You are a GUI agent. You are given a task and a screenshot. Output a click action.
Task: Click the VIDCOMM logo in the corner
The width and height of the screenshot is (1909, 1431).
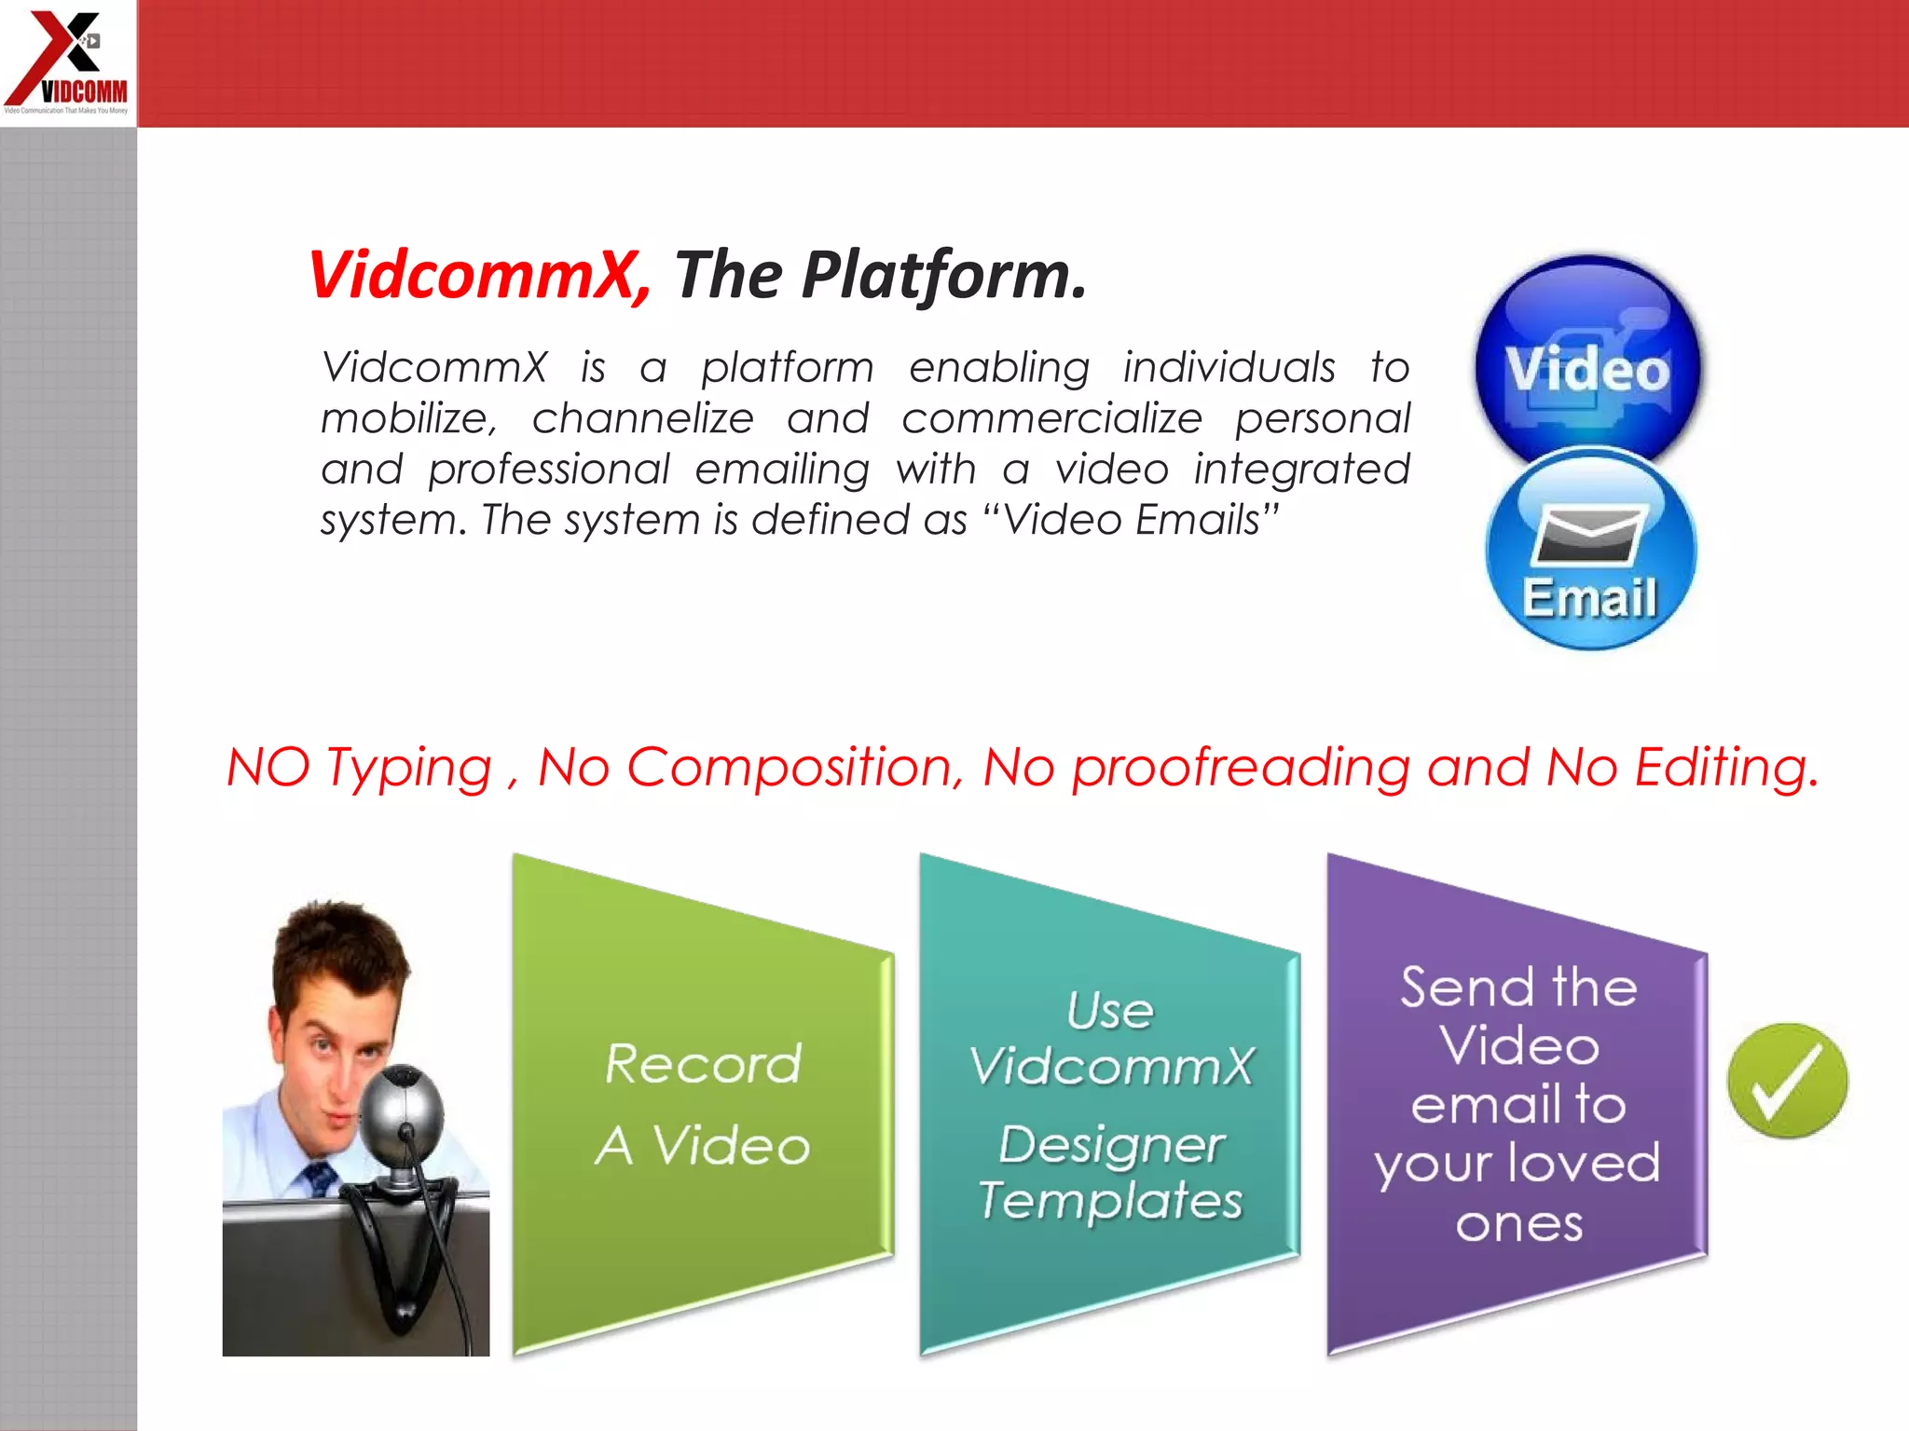point(67,61)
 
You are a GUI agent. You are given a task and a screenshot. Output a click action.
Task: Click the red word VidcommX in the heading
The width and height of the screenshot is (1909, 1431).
point(475,276)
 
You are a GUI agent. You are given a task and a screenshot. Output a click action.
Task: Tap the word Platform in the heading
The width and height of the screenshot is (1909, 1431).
point(941,276)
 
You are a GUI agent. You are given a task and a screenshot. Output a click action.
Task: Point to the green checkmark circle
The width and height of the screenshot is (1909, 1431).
point(1787,1081)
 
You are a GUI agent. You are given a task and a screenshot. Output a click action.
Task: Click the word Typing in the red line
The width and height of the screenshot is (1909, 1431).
point(408,769)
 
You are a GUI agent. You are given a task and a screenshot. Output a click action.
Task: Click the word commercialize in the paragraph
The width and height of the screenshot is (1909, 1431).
point(1051,418)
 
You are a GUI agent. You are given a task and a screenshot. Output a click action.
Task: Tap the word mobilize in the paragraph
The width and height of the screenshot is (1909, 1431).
point(407,418)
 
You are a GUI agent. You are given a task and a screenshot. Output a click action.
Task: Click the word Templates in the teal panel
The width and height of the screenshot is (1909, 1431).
point(1110,1200)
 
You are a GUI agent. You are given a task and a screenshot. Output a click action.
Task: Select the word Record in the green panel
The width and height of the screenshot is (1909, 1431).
point(702,1064)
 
